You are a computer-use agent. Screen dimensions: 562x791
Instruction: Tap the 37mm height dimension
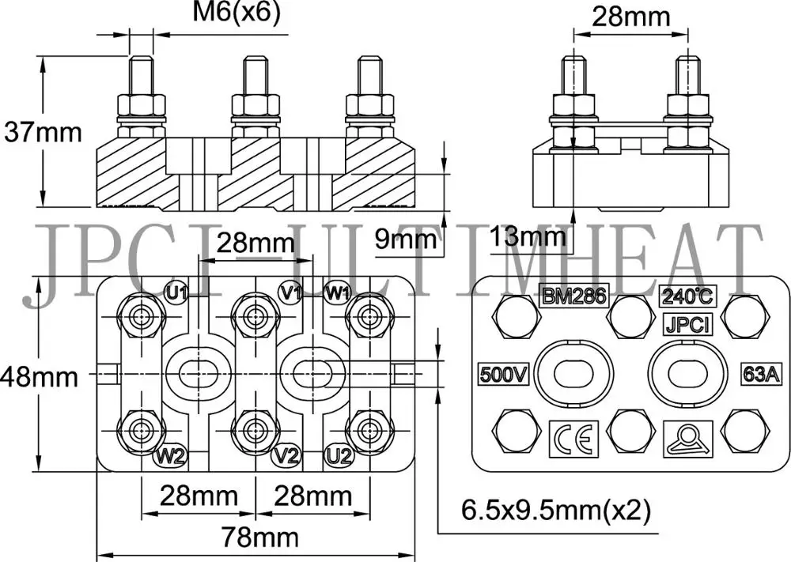click(x=43, y=131)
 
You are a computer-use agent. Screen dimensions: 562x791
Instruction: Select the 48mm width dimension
click(x=40, y=376)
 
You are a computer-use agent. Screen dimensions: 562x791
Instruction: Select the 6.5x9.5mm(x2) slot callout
click(x=556, y=511)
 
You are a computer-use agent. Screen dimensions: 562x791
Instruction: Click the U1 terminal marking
click(x=177, y=292)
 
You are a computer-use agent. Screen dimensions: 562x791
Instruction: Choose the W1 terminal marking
click(x=338, y=292)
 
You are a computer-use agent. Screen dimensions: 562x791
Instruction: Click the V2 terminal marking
click(x=286, y=456)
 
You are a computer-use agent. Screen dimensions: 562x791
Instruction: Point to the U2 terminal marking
click(x=338, y=456)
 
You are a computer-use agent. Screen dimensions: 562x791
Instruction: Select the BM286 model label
click(x=573, y=296)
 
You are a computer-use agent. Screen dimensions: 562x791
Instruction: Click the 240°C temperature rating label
click(x=687, y=296)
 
